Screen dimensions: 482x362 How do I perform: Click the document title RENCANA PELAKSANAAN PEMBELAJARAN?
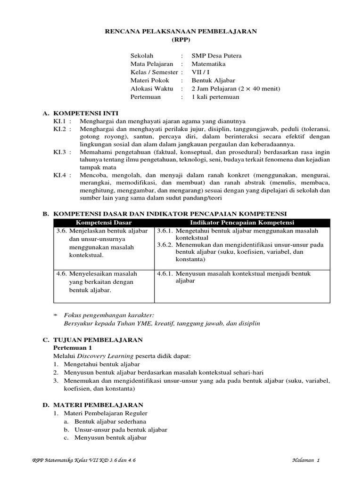coord(180,32)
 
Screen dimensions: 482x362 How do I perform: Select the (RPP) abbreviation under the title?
coord(180,40)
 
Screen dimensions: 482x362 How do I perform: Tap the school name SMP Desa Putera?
coord(216,56)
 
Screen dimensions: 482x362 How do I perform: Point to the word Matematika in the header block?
coord(208,64)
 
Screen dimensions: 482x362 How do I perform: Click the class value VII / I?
coord(200,72)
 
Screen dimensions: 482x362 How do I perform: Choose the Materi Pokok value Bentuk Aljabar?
coord(214,80)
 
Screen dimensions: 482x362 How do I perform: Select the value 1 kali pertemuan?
coord(215,97)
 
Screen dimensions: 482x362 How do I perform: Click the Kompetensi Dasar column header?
coord(104,222)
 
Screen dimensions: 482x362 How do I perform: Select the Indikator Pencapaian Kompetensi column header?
coord(242,222)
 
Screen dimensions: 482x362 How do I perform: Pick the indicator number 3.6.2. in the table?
coord(165,245)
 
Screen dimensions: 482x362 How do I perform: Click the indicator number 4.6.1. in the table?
coord(165,273)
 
